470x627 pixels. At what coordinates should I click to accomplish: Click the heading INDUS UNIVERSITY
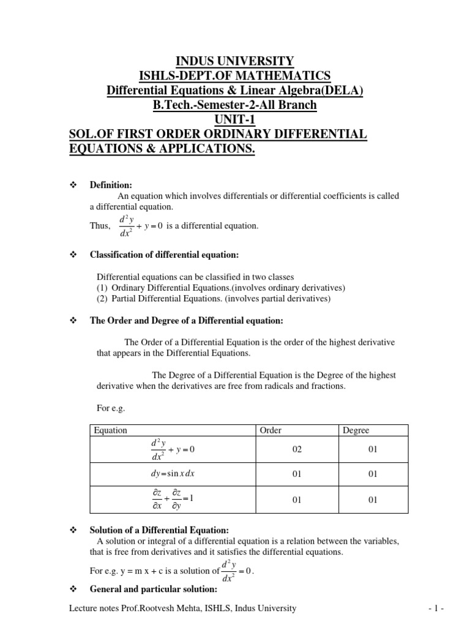pos(235,61)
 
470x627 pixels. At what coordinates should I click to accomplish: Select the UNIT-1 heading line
pos(235,120)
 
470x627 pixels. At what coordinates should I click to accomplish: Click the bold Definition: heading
pos(111,185)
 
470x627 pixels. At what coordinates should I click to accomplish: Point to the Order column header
pos(270,430)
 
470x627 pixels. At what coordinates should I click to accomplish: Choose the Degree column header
pos(356,430)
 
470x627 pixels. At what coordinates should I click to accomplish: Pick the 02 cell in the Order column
pos(297,450)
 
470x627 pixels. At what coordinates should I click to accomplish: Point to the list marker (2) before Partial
pos(102,299)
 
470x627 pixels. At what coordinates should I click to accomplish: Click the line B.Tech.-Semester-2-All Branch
pos(235,105)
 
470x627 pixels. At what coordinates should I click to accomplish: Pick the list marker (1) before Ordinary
pos(102,288)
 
